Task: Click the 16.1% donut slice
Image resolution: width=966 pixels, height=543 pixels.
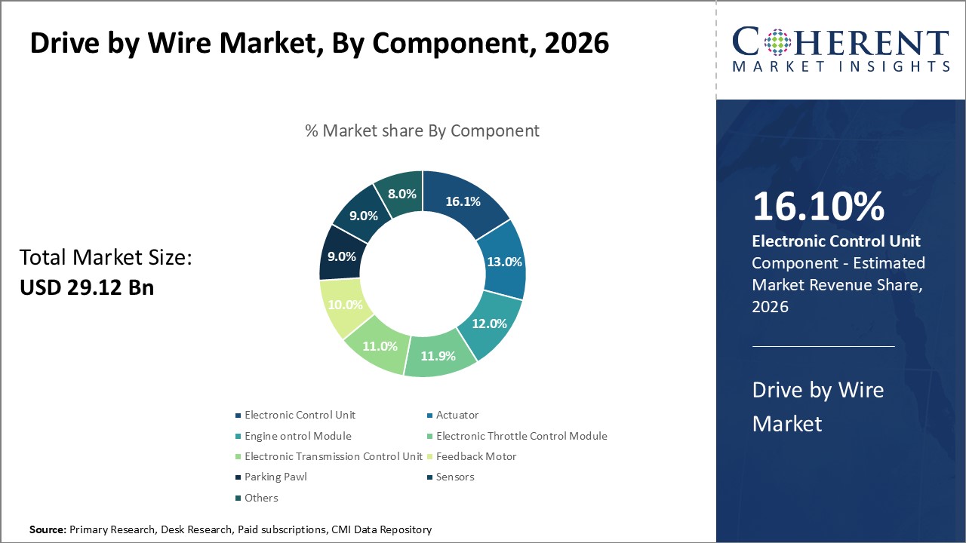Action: click(463, 201)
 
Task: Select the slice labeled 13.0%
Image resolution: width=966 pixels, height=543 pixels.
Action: click(502, 262)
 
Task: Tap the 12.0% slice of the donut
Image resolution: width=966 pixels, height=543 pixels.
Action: click(488, 323)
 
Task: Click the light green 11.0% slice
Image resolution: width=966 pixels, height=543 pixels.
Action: click(379, 345)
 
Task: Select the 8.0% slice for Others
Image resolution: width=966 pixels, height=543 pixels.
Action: click(401, 194)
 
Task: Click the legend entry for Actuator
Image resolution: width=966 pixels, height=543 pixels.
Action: click(457, 415)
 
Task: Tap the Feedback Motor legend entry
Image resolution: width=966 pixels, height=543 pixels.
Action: click(476, 456)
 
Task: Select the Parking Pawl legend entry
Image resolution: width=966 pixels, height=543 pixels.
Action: click(275, 477)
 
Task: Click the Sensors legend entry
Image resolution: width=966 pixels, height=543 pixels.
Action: click(455, 477)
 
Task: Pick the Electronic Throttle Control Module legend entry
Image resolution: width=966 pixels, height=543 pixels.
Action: click(521, 436)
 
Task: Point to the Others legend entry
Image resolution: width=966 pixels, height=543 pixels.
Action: click(261, 498)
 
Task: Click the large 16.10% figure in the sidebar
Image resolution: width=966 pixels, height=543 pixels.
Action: click(818, 207)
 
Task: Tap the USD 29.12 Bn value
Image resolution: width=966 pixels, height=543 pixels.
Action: click(86, 287)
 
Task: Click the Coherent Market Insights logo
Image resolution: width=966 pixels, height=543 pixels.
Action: click(841, 50)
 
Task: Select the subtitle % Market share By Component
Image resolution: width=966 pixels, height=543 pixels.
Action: click(422, 130)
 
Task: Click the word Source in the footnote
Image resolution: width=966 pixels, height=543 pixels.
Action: click(48, 530)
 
